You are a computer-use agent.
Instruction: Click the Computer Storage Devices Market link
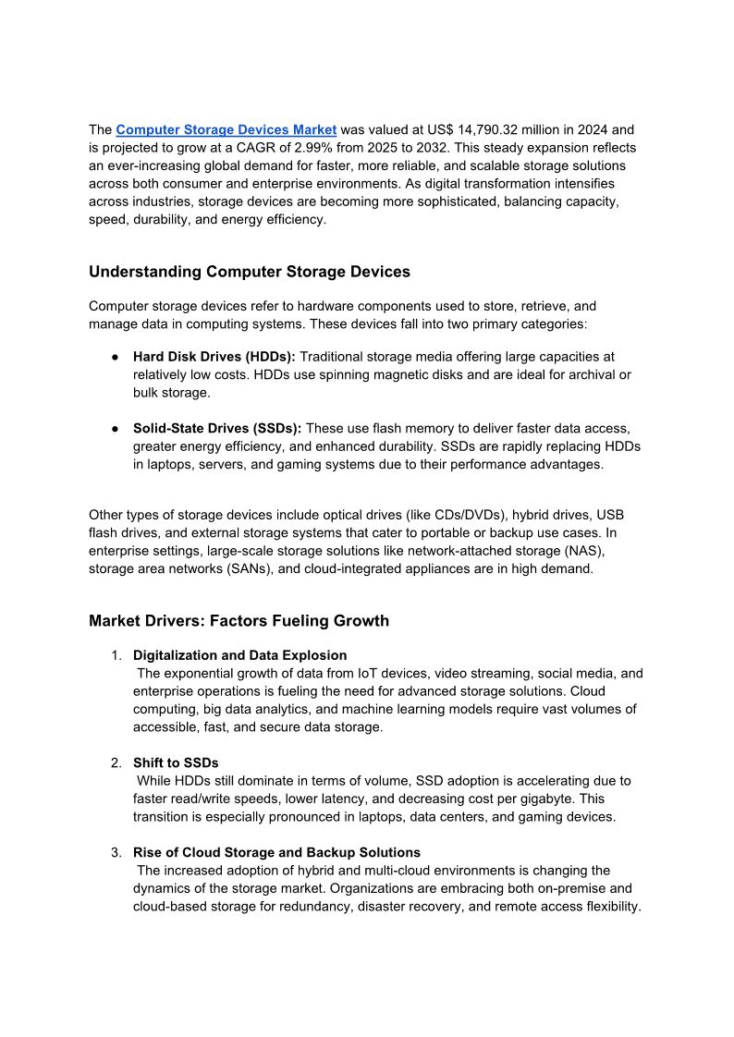point(226,129)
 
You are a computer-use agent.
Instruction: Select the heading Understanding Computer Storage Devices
point(250,272)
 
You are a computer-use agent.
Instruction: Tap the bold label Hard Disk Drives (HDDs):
point(214,356)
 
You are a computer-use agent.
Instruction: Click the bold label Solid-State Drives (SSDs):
point(217,428)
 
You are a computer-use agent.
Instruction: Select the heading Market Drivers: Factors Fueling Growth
point(239,621)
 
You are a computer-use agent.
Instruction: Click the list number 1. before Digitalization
point(116,655)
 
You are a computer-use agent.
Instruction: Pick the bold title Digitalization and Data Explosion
point(240,655)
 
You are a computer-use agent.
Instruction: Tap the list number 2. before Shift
point(116,762)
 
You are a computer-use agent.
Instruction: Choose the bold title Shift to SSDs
point(176,762)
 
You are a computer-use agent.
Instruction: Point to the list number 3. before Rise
point(116,852)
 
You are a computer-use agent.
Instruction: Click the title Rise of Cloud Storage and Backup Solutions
point(276,852)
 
